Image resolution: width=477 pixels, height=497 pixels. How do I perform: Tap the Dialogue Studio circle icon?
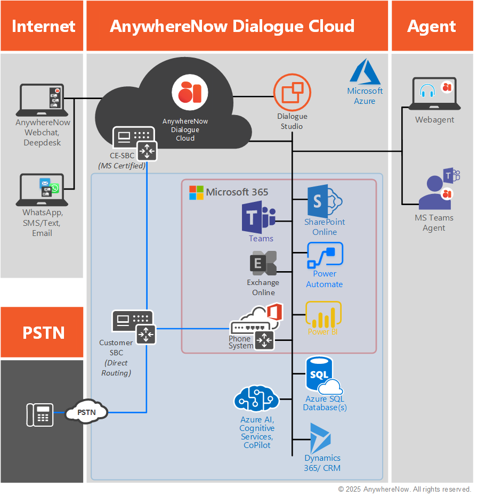tap(292, 92)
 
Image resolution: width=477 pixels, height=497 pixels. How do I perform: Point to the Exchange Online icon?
tap(263, 264)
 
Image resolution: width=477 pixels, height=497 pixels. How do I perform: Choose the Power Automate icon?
tap(325, 256)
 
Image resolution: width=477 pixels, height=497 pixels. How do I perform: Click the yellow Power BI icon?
tap(323, 315)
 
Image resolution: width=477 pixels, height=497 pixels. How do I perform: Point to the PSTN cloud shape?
tap(86, 412)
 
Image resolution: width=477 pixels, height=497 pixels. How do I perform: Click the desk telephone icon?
tap(40, 415)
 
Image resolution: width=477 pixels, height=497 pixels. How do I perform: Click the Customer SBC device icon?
tap(132, 325)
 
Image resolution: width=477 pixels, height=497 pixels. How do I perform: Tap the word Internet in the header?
tap(43, 26)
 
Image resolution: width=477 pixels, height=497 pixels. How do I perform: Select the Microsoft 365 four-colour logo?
tap(196, 192)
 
